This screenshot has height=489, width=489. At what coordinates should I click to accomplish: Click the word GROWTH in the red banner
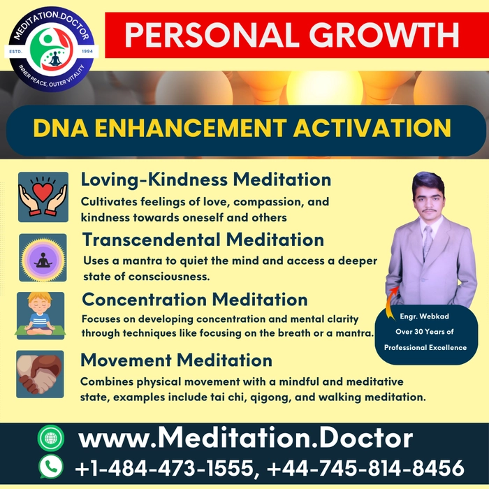tap(384, 35)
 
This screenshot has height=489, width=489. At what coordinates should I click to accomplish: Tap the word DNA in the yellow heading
tap(61, 128)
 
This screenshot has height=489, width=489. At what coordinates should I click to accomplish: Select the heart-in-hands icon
tap(43, 197)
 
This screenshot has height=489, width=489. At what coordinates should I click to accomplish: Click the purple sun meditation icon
tap(43, 258)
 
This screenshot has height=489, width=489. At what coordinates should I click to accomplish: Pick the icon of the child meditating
tap(41, 316)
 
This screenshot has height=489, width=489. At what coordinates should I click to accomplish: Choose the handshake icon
tap(40, 374)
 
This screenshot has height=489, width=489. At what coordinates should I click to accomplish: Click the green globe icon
tap(51, 438)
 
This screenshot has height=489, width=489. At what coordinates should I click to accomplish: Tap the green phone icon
tap(51, 467)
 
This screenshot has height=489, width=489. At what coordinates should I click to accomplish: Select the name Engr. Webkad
tap(425, 316)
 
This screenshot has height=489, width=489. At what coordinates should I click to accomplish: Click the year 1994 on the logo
tap(87, 51)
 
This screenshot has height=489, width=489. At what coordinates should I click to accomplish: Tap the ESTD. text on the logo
tap(15, 52)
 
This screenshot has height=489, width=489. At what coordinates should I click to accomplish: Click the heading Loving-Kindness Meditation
tap(206, 180)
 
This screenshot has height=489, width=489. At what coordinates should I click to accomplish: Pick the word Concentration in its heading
tap(144, 300)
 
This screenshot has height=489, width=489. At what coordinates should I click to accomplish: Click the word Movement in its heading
tap(126, 360)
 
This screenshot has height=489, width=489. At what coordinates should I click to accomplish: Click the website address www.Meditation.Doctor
tap(246, 438)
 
